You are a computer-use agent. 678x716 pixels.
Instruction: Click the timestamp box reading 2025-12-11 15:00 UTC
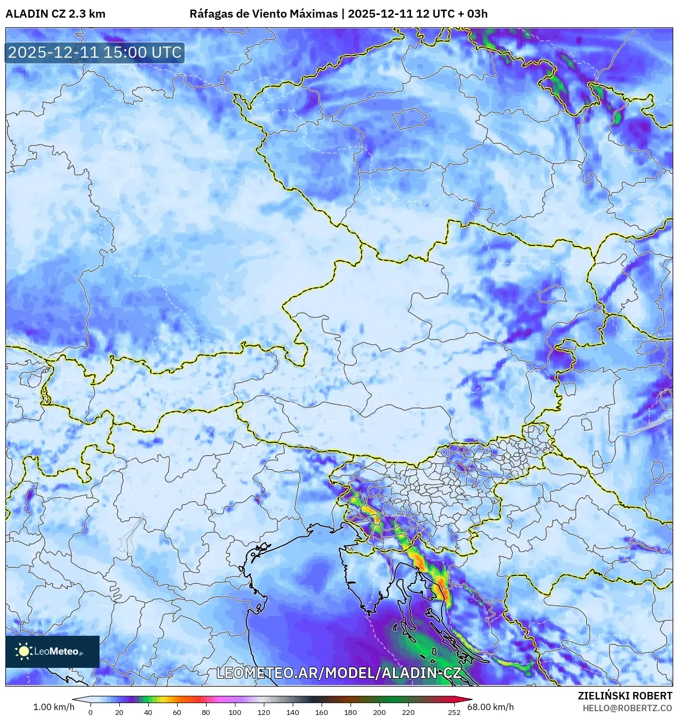click(x=95, y=52)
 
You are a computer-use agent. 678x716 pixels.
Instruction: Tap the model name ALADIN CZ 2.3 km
click(x=55, y=13)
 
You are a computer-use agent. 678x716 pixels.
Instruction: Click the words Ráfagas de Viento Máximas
click(x=263, y=13)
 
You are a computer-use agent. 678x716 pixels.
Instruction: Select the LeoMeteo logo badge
click(x=52, y=651)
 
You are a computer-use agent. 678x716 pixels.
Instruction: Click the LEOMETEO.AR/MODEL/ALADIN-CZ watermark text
click(x=338, y=673)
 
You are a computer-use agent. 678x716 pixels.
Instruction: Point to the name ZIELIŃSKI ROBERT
click(x=624, y=696)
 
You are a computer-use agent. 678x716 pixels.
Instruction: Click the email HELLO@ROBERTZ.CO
click(x=627, y=707)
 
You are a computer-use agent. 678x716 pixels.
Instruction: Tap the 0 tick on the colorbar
click(x=90, y=712)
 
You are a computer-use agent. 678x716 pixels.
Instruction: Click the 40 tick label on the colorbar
click(x=148, y=712)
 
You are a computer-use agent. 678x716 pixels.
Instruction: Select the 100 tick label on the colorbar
click(x=234, y=712)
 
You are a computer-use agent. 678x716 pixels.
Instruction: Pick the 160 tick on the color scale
click(x=322, y=712)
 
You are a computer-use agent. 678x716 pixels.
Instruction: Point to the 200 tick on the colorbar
click(x=379, y=712)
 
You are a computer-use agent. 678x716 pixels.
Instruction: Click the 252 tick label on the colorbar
click(x=454, y=712)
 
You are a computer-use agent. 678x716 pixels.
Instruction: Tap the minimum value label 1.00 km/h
click(x=54, y=707)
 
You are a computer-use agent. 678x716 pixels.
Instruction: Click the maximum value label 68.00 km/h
click(x=490, y=707)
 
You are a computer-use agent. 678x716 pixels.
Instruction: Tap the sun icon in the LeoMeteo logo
click(x=24, y=651)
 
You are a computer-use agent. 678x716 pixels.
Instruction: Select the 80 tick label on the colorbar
click(x=206, y=712)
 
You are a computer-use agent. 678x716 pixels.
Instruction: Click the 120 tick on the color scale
click(x=264, y=712)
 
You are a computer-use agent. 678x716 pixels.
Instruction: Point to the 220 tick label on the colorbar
click(x=408, y=712)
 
